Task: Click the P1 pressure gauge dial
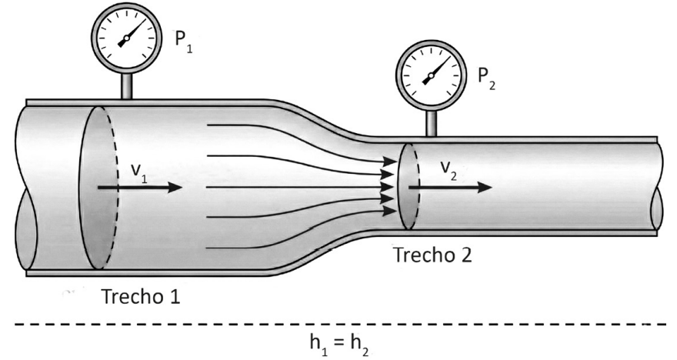(x=126, y=38)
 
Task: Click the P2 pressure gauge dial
(x=432, y=75)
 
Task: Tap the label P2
(x=486, y=78)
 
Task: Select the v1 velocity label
(x=139, y=174)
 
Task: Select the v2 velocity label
(x=449, y=171)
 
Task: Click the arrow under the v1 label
(x=140, y=188)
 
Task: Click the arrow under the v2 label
(x=450, y=188)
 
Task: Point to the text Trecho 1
(x=140, y=297)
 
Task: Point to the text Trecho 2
(x=432, y=255)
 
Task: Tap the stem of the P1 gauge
(x=126, y=86)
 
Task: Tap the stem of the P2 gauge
(x=432, y=123)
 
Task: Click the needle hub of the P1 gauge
(x=126, y=38)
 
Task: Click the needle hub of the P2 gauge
(x=432, y=75)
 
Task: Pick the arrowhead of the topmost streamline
(x=390, y=162)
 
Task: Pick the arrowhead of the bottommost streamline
(x=390, y=211)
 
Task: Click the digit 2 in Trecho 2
(x=466, y=255)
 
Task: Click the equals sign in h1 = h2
(x=339, y=342)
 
